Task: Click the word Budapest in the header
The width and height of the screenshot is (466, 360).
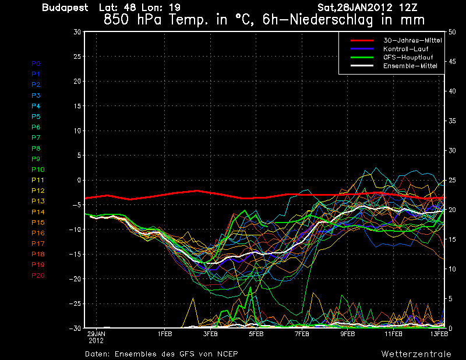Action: (65, 8)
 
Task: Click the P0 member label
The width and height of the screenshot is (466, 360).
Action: (36, 63)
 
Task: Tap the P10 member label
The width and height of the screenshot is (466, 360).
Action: (38, 170)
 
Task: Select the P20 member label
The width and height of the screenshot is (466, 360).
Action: (38, 276)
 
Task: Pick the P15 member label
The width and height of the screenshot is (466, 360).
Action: (38, 223)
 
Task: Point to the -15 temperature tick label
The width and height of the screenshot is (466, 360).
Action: (75, 255)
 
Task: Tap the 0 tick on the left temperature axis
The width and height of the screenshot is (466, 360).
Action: (79, 181)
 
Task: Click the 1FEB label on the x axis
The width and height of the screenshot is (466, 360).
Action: (165, 334)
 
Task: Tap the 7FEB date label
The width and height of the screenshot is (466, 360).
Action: (302, 334)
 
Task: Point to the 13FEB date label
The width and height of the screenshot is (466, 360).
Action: (439, 334)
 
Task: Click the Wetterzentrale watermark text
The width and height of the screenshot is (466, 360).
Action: (416, 354)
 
